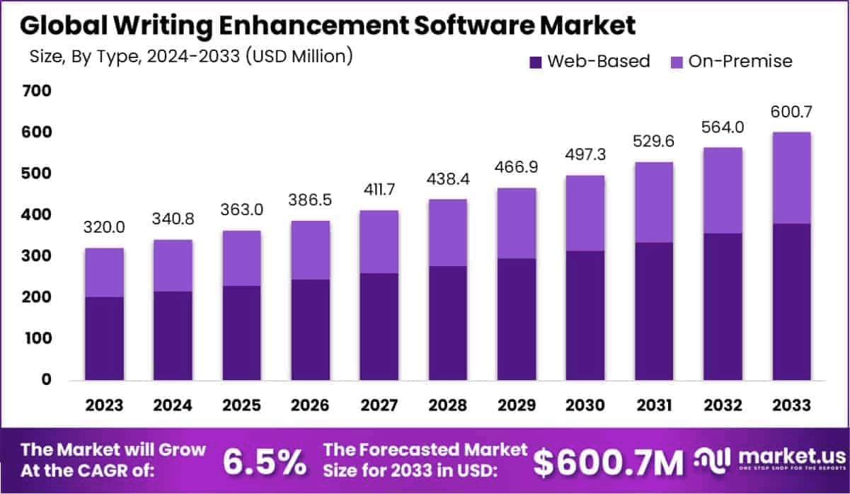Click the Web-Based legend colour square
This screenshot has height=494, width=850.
536,62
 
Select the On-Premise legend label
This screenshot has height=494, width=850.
740,62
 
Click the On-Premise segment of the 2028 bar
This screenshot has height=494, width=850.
448,233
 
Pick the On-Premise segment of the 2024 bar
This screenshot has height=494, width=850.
173,265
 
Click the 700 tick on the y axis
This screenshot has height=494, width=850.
37,91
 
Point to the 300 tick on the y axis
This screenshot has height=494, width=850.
37,255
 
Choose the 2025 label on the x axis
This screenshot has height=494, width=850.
242,406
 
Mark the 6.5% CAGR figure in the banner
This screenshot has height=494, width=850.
265,461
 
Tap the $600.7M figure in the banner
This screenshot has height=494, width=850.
609,461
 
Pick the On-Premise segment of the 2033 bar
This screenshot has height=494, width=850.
791,178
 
